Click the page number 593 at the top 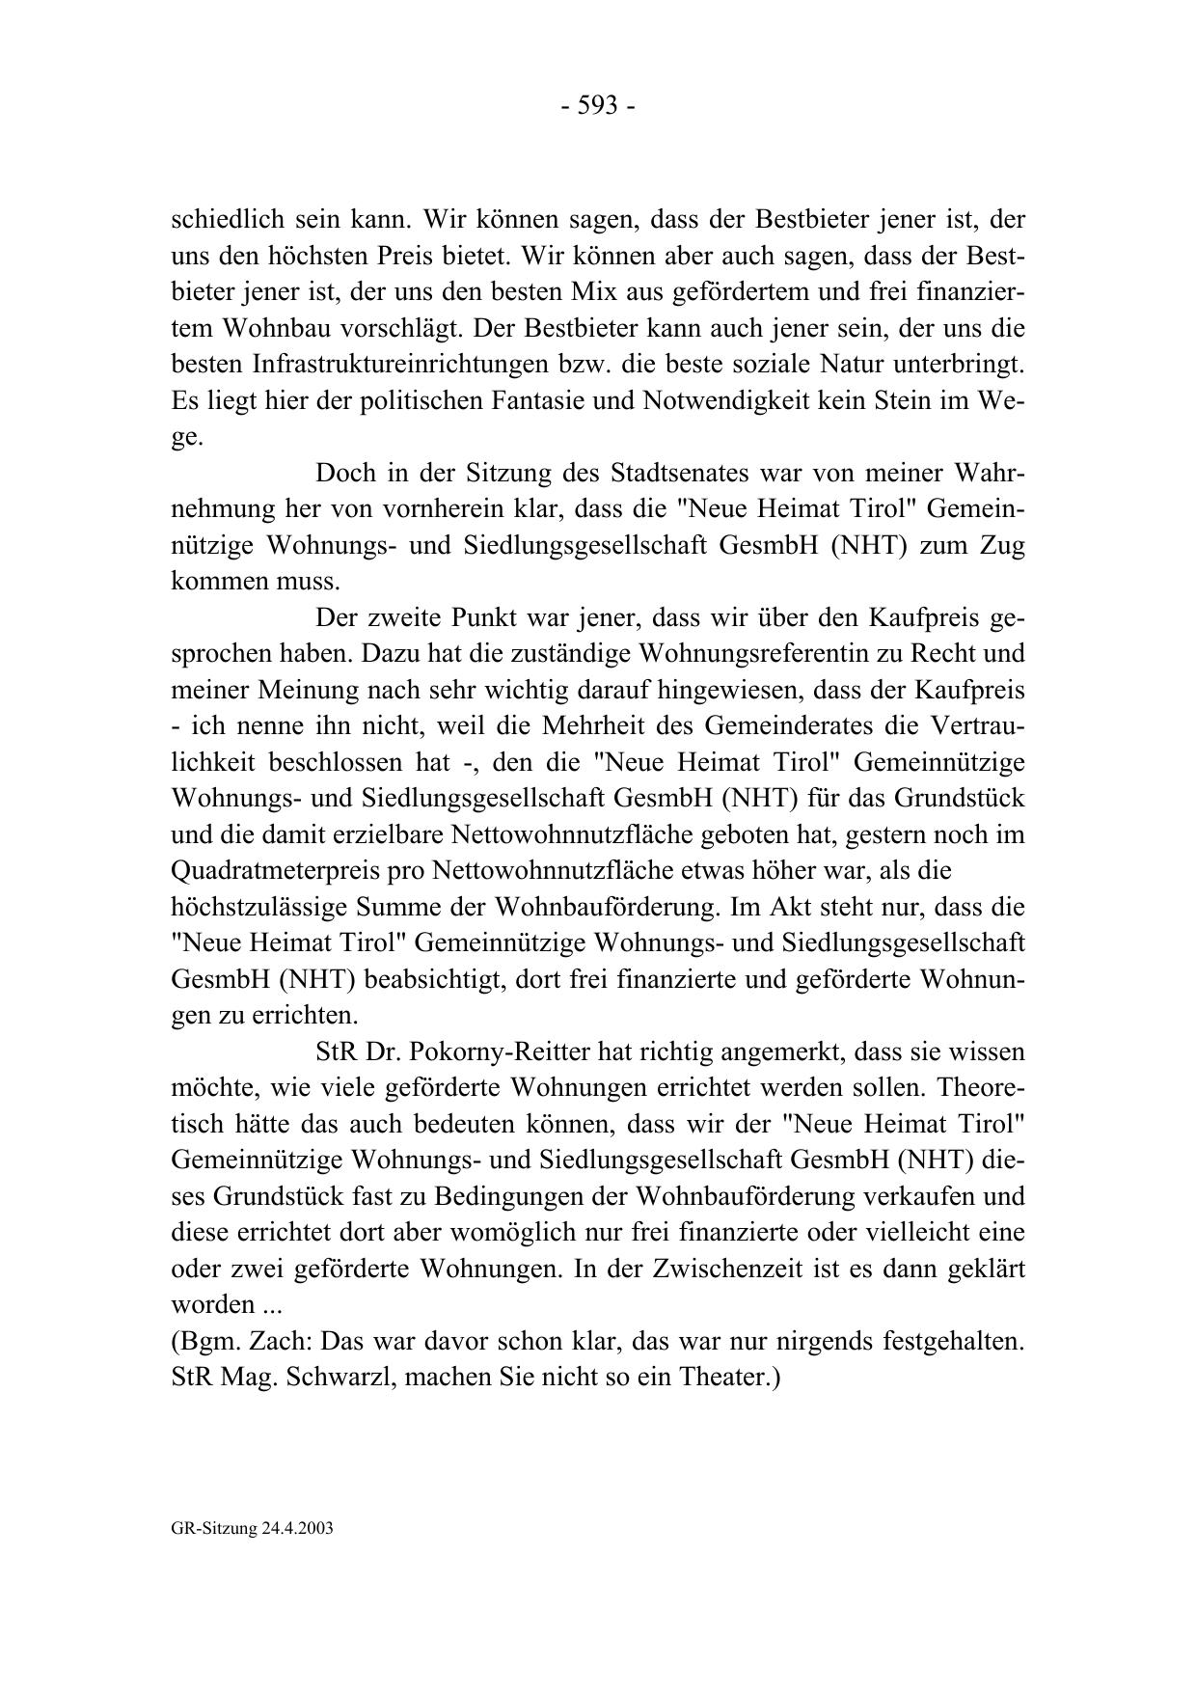pyautogui.click(x=597, y=106)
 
